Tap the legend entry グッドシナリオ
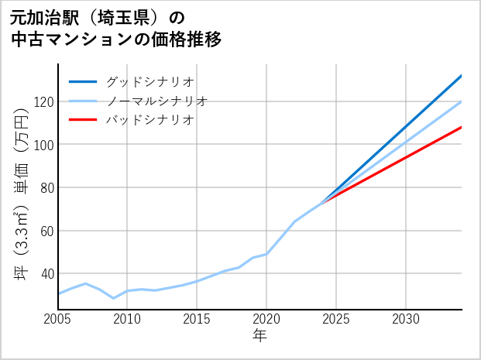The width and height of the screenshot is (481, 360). (x=149, y=81)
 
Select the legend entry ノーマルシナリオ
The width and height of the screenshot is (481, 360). (x=156, y=101)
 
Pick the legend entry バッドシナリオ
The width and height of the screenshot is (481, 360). (x=149, y=120)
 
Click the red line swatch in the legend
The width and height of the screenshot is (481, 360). (x=83, y=120)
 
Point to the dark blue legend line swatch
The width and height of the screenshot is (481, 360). (x=83, y=81)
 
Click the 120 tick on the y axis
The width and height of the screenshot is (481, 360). (x=43, y=102)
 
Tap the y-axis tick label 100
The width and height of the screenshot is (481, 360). (x=43, y=145)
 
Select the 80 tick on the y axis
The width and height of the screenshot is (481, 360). (x=46, y=188)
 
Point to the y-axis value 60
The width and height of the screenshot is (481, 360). (x=46, y=231)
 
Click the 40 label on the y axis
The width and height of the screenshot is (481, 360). (x=46, y=274)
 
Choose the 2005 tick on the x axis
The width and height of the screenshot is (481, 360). (x=58, y=319)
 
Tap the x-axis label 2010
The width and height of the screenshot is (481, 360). (x=128, y=319)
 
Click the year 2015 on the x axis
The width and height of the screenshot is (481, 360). (x=198, y=319)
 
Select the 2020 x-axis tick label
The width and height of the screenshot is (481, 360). (x=266, y=319)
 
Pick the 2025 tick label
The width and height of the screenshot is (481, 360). (x=336, y=319)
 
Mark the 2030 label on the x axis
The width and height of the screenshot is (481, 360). (x=406, y=319)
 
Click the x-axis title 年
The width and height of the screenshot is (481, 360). (x=259, y=336)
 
